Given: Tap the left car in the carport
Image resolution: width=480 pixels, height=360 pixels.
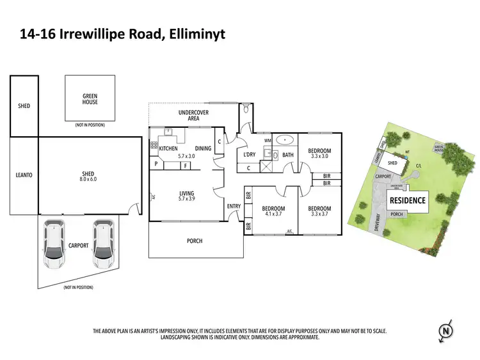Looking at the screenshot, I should tap(54, 244).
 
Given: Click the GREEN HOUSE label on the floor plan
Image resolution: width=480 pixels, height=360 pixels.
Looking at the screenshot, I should tap(90, 98).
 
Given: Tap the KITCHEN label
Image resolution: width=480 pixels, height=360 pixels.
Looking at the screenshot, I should tap(168, 148).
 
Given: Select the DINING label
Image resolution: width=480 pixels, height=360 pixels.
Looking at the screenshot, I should tap(203, 148).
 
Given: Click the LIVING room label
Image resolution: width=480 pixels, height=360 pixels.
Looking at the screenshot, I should tap(186, 194).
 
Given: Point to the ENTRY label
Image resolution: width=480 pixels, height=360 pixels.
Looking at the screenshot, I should tap(233, 206).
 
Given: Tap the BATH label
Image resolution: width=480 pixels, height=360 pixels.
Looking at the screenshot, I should tap(287, 155).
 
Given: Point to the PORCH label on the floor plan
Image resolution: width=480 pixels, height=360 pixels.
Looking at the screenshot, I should tap(194, 240).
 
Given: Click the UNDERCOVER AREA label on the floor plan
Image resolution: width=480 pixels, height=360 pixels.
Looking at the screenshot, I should tap(189, 115).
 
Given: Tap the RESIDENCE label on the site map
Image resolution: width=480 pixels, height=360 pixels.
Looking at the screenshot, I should tap(408, 200).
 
